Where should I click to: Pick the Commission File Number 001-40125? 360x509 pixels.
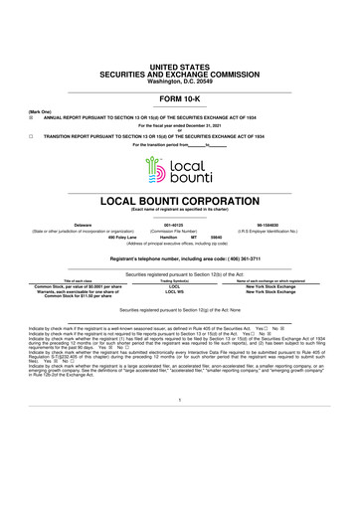[x=175, y=226]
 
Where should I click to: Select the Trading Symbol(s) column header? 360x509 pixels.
[x=175, y=280]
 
